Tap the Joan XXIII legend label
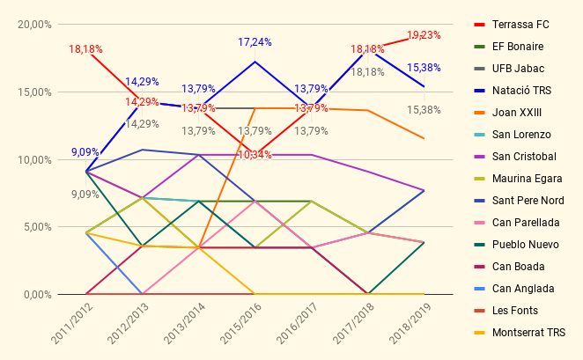pyautogui.click(x=517, y=113)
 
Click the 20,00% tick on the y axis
pyautogui.click(x=34, y=25)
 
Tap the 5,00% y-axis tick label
pyautogui.click(x=38, y=226)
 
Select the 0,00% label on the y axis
pyautogui.click(x=38, y=295)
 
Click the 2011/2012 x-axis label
pyautogui.click(x=71, y=323)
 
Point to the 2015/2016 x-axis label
pyautogui.click(x=240, y=323)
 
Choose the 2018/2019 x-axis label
pyautogui.click(x=410, y=323)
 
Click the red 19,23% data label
pyautogui.click(x=424, y=35)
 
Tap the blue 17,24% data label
pyautogui.click(x=255, y=42)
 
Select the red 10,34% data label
pyautogui.click(x=255, y=155)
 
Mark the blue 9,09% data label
pyautogui.click(x=85, y=152)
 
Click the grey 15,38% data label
pyautogui.click(x=424, y=110)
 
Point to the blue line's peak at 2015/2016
pyautogui.click(x=255, y=62)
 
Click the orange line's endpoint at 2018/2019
pyautogui.click(x=424, y=138)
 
